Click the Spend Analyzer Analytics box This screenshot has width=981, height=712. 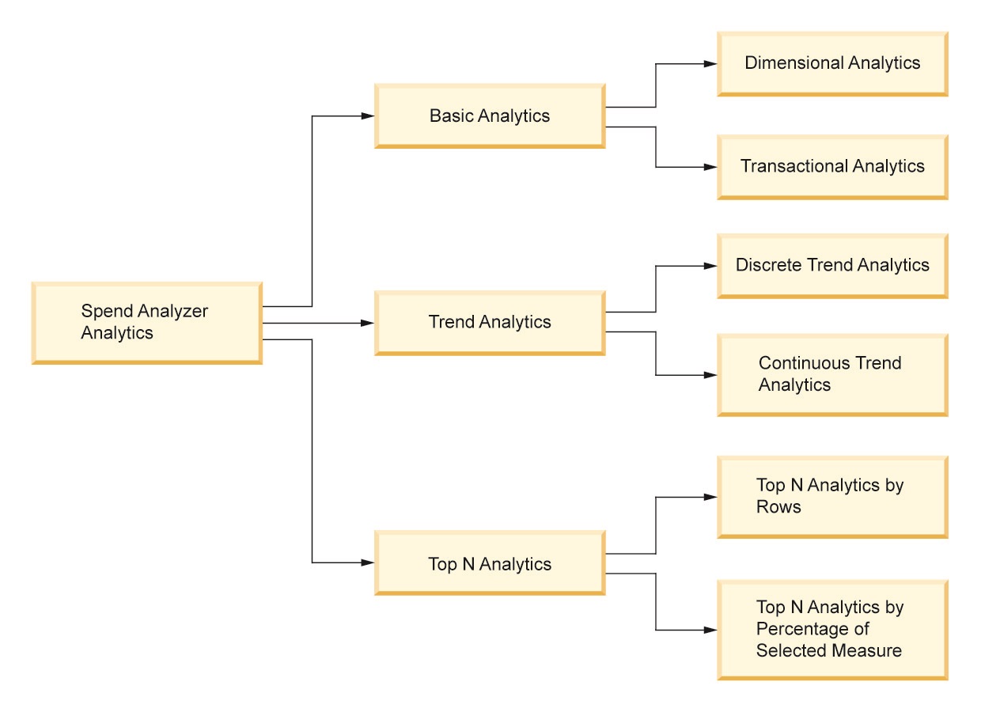pos(146,322)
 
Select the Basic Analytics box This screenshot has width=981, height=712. pos(490,116)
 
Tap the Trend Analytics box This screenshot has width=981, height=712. pos(490,322)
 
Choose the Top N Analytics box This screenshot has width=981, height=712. pos(490,564)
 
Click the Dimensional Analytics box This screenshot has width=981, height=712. pos(832,63)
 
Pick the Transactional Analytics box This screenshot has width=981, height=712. pos(832,166)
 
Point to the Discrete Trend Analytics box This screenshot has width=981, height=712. pos(832,265)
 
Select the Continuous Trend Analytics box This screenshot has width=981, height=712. pos(832,374)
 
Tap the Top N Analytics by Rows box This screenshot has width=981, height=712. pos(832,496)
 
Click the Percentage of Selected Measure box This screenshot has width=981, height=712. pos(832,629)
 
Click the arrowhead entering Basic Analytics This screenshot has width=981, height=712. pos(368,116)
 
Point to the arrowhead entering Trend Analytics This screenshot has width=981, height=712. pos(368,323)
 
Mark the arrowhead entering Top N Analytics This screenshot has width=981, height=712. pos(368,562)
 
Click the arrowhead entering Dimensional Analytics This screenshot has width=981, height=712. pos(711,64)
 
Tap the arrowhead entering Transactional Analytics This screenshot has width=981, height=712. pos(711,167)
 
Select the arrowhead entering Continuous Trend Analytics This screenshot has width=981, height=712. pos(711,375)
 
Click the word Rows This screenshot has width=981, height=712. pos(778,507)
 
